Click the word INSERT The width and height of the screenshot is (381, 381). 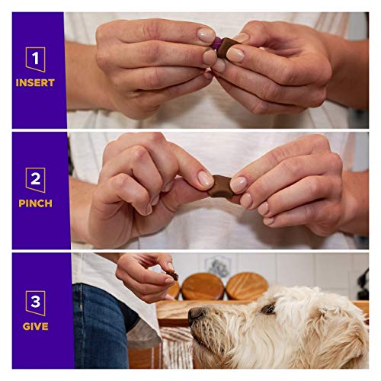35,82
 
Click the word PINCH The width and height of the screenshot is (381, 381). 35,203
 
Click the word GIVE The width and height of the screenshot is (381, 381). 35,326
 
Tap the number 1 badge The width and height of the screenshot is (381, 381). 35,59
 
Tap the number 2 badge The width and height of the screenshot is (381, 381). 35,180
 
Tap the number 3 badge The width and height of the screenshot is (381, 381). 35,302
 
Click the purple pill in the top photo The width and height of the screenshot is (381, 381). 217,43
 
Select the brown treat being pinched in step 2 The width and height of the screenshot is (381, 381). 223,185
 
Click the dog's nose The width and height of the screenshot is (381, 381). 196,313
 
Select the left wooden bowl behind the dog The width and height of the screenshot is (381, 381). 203,286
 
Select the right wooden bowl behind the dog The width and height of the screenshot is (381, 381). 247,285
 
